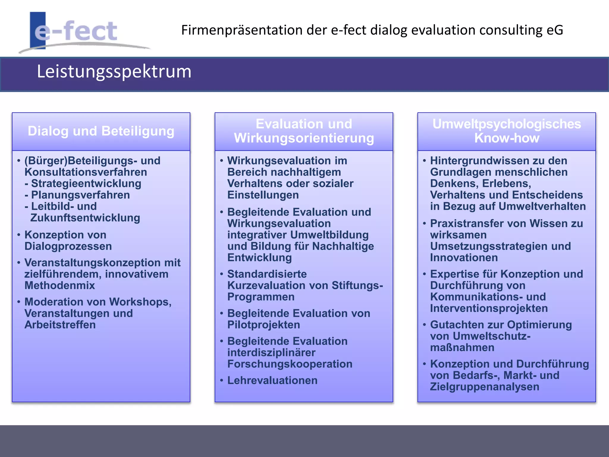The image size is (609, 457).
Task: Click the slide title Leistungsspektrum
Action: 114,72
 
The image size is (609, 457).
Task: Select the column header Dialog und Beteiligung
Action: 101,131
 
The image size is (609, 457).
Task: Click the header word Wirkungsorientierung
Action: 304,138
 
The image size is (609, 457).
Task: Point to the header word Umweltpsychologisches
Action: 506,124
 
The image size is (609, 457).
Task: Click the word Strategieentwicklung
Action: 86,184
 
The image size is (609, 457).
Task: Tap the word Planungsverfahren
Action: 80,195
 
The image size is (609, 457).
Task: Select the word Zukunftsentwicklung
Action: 85,218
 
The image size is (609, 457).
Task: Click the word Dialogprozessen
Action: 68,246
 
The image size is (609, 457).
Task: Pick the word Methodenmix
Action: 59,286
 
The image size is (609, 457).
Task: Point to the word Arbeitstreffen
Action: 60,325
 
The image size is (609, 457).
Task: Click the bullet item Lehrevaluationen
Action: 272,381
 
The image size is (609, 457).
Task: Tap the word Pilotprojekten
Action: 263,325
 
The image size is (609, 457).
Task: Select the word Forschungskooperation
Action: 290,364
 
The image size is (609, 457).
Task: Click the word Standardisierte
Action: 267,274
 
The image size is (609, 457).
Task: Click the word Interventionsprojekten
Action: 489,309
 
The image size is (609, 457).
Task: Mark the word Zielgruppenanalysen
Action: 484,387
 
